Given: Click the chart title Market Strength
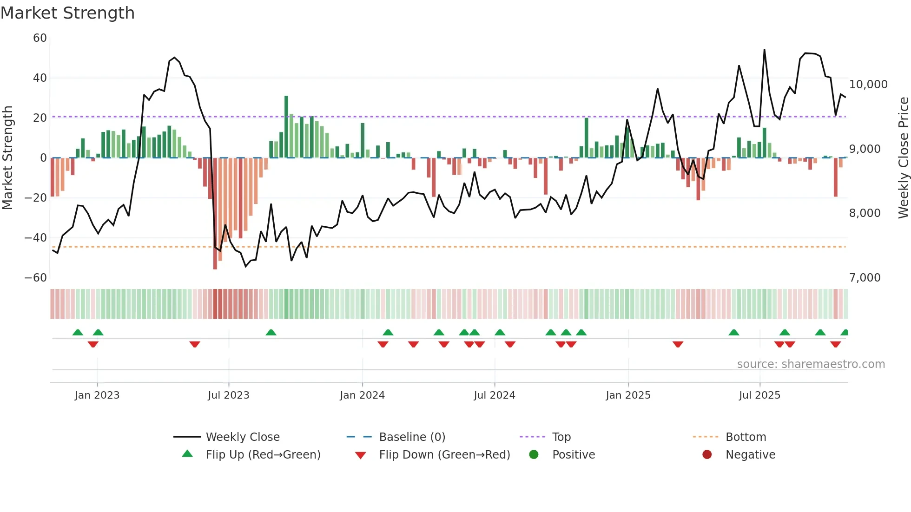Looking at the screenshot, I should click(67, 13).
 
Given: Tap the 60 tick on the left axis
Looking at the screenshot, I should click(40, 38).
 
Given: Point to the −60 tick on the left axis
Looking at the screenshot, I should click(36, 278).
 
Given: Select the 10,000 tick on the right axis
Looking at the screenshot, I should click(868, 85).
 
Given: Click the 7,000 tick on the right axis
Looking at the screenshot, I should click(865, 278).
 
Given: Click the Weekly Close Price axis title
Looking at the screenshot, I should click(903, 158).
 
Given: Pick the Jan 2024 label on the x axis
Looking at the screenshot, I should click(362, 395).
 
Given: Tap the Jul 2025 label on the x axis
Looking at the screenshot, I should click(759, 395).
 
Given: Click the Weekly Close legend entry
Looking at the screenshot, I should click(243, 437).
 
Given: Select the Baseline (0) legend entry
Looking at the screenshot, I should click(412, 437).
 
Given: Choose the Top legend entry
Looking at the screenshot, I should click(561, 437).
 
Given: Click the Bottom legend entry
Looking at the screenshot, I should click(746, 437).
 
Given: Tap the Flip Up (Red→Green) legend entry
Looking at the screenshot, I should click(263, 455).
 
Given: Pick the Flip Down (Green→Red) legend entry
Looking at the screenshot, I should click(444, 455).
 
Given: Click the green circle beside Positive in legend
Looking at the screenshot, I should click(534, 455).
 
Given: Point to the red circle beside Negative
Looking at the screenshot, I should click(707, 455).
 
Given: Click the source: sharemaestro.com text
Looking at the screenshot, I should click(811, 364).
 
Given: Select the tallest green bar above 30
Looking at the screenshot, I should click(286, 125).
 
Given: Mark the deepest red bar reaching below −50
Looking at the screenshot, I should click(215, 214).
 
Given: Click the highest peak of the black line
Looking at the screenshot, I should click(764, 50).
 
